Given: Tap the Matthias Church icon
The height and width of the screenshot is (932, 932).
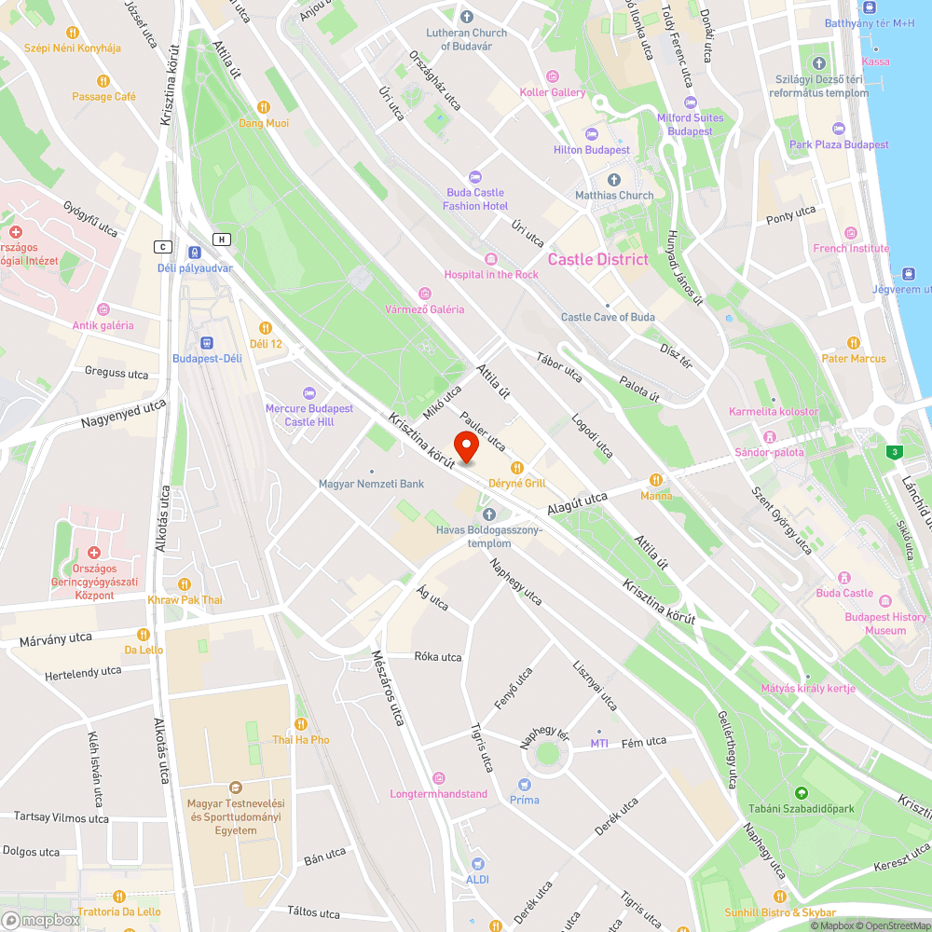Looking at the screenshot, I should [613, 179].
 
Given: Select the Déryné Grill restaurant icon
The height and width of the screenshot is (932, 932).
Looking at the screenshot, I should [516, 467].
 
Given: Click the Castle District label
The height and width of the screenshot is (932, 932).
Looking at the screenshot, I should [597, 259].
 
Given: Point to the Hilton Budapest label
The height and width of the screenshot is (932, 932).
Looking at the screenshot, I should [592, 150].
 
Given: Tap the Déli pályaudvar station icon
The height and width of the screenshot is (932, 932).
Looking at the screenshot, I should [194, 252].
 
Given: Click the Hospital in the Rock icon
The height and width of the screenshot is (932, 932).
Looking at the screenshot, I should [491, 258].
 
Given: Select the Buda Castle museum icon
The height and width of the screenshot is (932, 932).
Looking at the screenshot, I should [845, 577].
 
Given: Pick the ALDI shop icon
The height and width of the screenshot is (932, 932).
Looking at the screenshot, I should [477, 863].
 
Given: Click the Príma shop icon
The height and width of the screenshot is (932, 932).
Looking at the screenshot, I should [524, 784].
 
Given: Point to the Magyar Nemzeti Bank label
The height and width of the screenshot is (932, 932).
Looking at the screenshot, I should [371, 484].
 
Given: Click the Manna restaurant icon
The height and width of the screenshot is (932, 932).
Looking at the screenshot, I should [656, 480].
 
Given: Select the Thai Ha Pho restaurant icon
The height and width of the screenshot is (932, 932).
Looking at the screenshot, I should [300, 723].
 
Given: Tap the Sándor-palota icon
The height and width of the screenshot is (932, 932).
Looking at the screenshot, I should [769, 436].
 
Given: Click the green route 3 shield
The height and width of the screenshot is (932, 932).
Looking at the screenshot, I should [895, 452].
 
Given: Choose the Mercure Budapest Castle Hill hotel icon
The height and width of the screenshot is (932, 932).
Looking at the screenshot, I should [309, 392].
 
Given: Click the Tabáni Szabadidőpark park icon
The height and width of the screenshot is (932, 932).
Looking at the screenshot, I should [801, 793].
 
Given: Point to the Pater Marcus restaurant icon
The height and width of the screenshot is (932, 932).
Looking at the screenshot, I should [853, 342].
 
